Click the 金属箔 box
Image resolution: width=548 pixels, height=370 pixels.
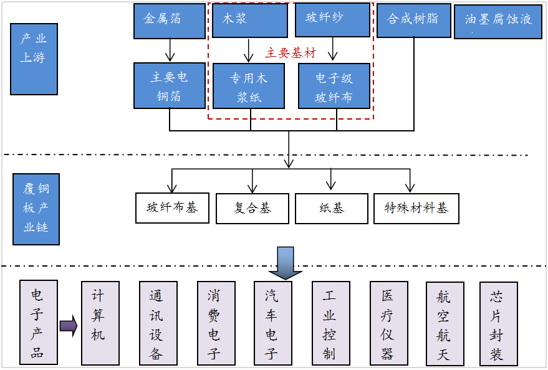[x=169, y=20]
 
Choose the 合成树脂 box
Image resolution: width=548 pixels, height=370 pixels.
[x=413, y=20]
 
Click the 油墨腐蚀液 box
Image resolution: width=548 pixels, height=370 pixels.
[x=498, y=21]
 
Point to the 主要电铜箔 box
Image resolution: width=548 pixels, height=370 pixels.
[x=169, y=86]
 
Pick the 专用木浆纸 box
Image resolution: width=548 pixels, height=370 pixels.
[x=248, y=87]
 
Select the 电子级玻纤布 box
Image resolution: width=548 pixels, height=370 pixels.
[x=334, y=87]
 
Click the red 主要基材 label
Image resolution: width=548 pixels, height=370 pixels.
[x=291, y=53]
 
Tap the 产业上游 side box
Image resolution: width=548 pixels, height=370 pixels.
[x=34, y=59]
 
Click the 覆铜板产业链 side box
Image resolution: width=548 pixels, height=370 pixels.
[x=36, y=209]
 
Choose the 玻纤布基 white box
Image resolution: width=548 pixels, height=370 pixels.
[x=172, y=207]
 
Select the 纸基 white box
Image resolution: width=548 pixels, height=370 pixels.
[x=331, y=208]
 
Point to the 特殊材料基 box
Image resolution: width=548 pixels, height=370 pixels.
[x=416, y=208]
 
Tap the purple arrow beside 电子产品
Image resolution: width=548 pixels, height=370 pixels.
[x=69, y=325]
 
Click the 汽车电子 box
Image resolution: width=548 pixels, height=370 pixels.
[x=272, y=323]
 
